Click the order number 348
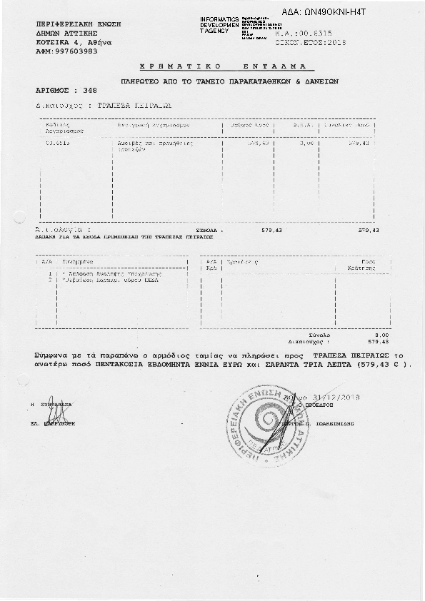90,91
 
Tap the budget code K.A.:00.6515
304,34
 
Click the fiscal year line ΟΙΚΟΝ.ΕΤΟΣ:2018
310,43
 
